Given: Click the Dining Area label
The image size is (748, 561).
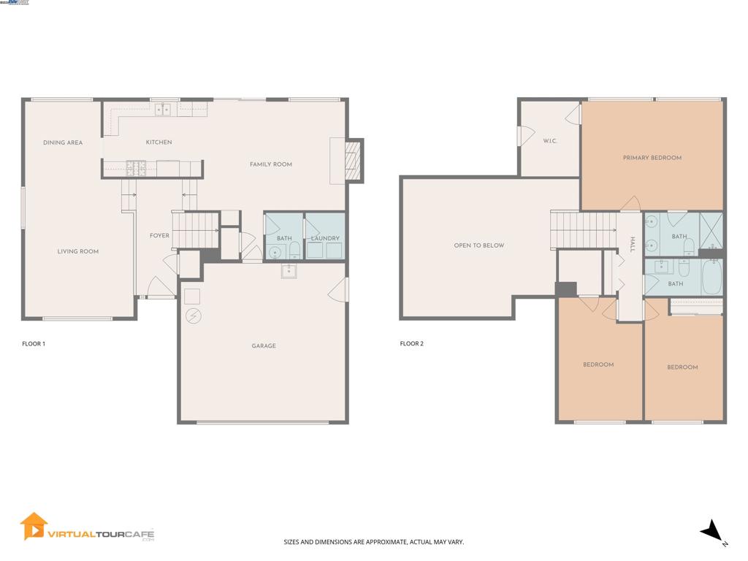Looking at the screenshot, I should click(x=63, y=142).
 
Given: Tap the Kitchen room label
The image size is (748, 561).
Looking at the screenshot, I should click(x=159, y=142).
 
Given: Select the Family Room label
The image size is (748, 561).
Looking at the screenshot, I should click(x=271, y=164).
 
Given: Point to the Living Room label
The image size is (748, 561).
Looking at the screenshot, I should click(x=78, y=251).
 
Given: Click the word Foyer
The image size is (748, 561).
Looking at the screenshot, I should click(x=159, y=236).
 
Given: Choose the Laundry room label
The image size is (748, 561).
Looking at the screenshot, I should click(x=325, y=239).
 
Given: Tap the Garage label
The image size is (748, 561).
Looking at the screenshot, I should click(x=264, y=346).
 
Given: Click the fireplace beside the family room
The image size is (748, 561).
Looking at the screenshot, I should click(x=353, y=160).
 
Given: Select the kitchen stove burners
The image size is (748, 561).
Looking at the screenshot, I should click(x=137, y=169).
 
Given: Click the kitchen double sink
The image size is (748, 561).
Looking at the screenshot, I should click(x=163, y=110).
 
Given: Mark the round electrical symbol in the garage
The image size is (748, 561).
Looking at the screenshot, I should click(x=194, y=316).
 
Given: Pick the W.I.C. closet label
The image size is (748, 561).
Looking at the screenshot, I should click(x=550, y=141).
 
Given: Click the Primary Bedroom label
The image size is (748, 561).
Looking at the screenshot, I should click(x=652, y=158).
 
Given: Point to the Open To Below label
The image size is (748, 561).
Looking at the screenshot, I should click(x=479, y=245).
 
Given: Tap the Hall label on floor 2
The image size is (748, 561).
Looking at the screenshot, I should click(x=633, y=245).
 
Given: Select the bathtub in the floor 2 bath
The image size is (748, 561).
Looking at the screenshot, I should click(x=711, y=278).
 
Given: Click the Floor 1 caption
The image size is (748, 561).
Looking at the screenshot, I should click(x=34, y=343).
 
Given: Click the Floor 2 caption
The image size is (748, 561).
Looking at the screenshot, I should click(x=412, y=343).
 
